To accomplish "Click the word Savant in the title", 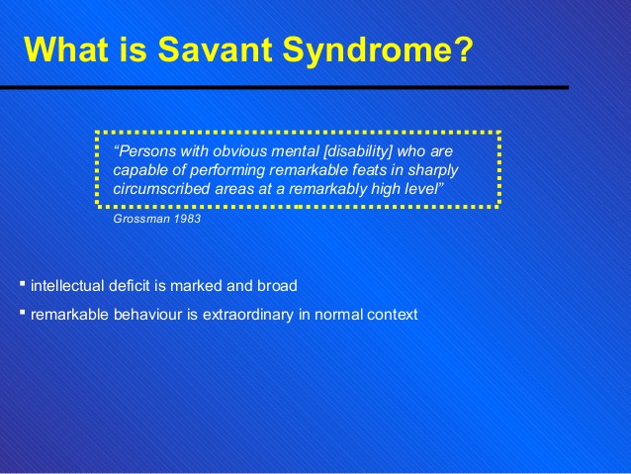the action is click(215, 49).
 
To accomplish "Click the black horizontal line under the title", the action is click(284, 87).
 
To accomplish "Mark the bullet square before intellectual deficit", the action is click(22, 284).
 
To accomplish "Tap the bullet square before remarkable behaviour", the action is click(22, 312).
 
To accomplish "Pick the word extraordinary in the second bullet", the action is click(248, 315).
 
